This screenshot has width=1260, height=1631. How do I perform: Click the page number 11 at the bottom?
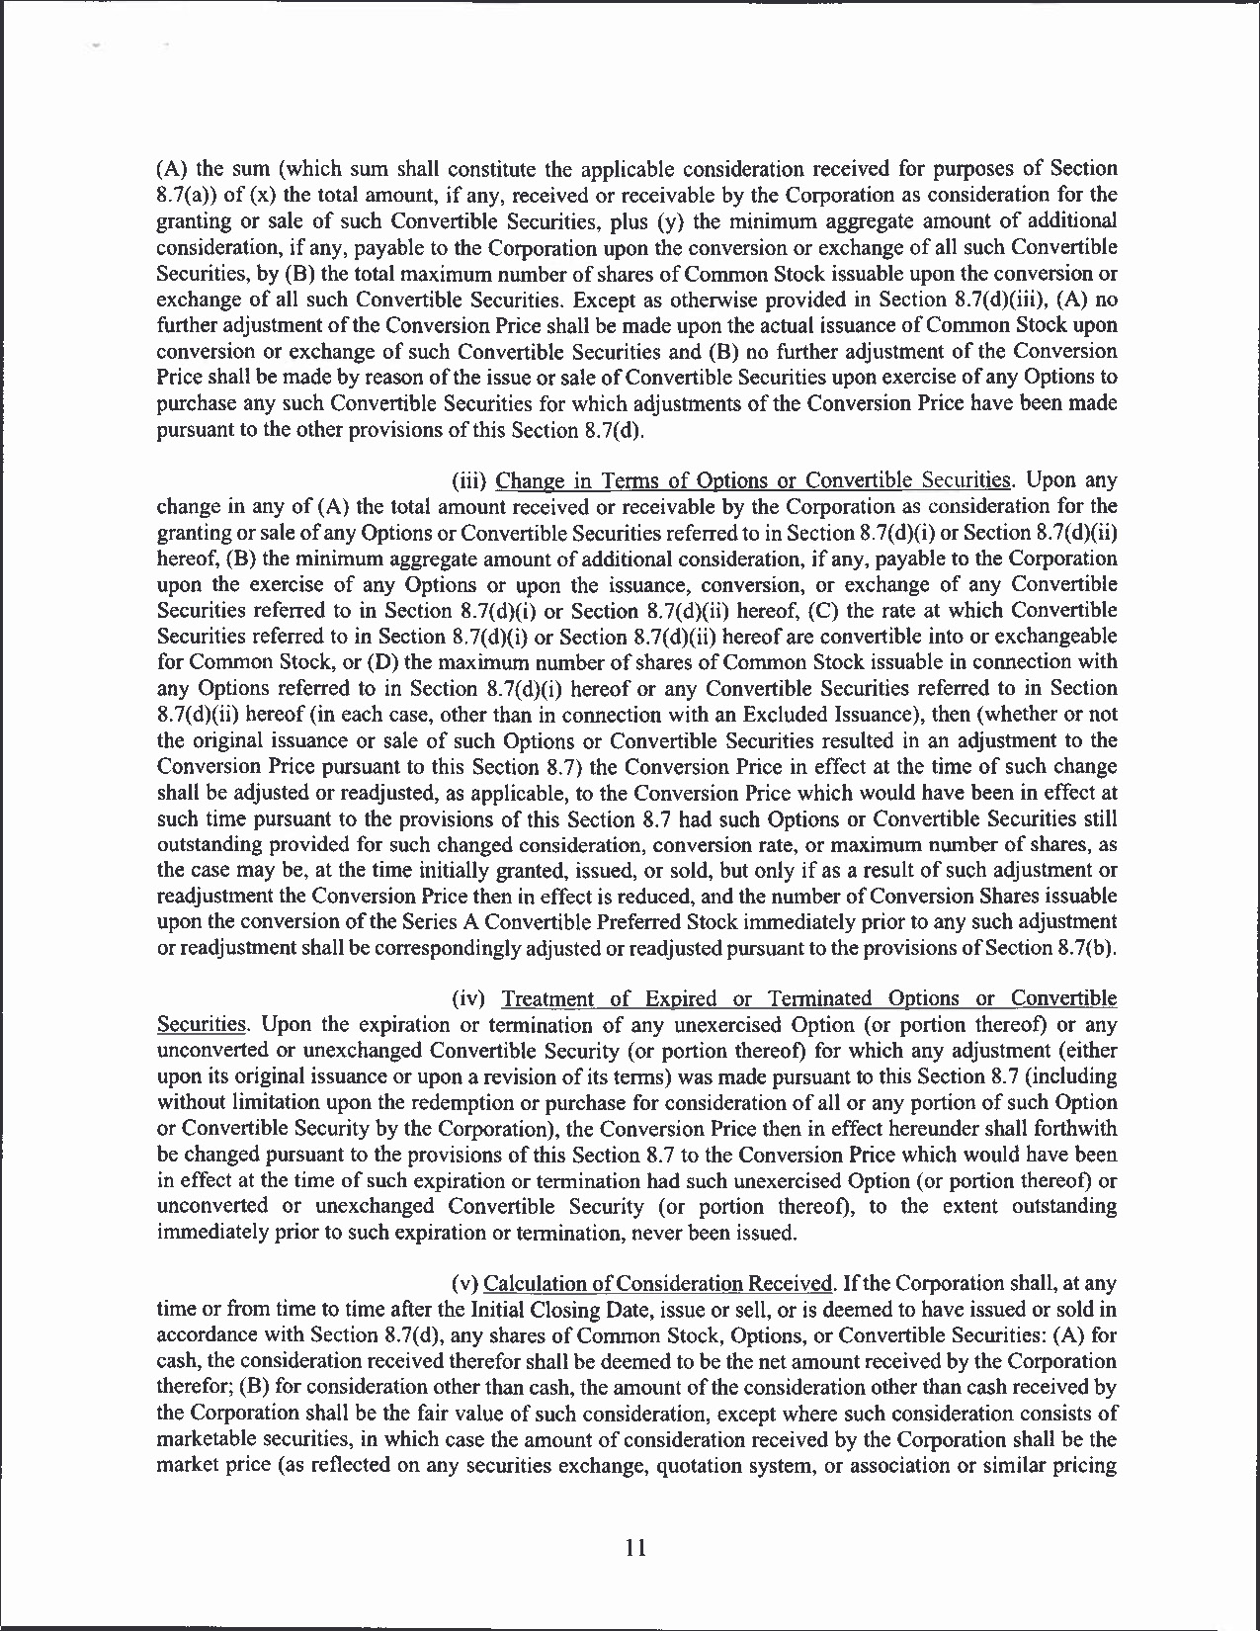635,1548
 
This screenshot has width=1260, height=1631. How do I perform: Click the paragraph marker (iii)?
468,481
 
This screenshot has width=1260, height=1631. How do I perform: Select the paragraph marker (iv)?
468,998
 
